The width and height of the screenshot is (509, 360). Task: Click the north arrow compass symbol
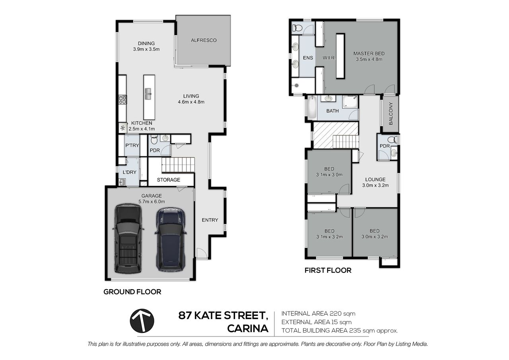point(142,321)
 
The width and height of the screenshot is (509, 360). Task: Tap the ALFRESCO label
point(204,40)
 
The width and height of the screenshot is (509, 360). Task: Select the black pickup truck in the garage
point(128,238)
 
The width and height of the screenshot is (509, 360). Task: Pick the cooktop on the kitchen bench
point(122,100)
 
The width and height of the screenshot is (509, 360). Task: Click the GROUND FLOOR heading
point(132,292)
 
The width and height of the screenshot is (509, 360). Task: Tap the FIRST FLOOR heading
point(328,270)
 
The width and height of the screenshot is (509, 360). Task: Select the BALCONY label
point(390,114)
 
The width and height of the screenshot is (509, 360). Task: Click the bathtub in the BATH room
point(312,107)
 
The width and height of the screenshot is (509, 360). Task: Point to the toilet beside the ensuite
point(297,28)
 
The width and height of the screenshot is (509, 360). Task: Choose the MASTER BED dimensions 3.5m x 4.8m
point(369,59)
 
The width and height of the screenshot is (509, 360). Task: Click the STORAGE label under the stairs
point(168,180)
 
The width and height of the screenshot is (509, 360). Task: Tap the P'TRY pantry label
point(132,145)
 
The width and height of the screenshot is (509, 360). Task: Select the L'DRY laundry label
point(129,172)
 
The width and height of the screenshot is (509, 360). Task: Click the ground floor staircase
point(178,165)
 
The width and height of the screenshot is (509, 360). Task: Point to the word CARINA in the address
point(248,329)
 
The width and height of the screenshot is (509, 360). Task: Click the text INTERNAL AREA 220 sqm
point(318,313)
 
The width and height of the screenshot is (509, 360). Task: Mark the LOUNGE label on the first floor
point(375,179)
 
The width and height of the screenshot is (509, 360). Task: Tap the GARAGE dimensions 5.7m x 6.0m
point(152,202)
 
